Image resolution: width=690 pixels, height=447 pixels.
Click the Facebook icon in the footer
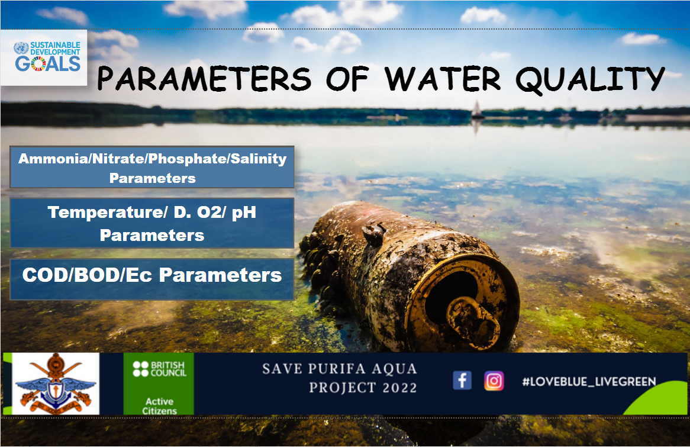[462, 380]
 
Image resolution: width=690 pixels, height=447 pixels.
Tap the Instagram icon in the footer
[494, 381]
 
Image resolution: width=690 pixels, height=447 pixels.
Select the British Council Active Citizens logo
[159, 384]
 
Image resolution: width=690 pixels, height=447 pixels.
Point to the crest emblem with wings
[56, 384]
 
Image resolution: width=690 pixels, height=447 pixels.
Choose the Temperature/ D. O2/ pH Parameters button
[152, 223]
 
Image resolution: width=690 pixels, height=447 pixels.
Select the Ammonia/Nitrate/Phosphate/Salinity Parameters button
[152, 168]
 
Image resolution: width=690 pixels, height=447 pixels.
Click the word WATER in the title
[443, 79]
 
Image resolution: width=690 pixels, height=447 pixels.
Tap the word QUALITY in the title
[590, 80]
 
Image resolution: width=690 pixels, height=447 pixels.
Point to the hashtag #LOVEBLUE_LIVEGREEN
[589, 381]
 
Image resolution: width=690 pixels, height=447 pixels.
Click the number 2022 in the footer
[399, 388]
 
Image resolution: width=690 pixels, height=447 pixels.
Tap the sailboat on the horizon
[476, 110]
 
